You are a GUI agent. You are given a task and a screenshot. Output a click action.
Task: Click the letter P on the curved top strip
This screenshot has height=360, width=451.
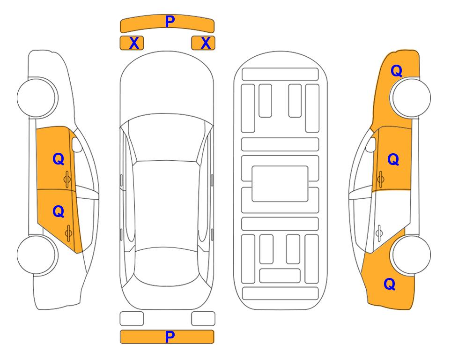coord(170,22)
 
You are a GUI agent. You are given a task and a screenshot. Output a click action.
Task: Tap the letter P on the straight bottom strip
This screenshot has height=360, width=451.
coord(170,337)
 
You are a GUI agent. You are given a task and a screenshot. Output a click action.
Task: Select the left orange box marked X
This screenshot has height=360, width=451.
coord(132,43)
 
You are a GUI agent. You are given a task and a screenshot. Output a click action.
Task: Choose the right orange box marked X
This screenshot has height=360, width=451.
coord(203,43)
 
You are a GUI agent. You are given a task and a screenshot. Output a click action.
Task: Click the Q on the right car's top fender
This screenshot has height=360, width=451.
coord(396,71)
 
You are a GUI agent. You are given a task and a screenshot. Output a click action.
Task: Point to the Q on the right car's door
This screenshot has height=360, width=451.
coord(393,159)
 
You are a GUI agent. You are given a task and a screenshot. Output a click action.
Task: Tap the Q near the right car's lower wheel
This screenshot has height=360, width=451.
coord(390,284)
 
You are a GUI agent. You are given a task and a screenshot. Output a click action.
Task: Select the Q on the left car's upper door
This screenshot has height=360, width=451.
coord(59,159)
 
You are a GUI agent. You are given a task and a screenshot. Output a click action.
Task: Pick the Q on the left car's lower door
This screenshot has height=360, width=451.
coord(59,212)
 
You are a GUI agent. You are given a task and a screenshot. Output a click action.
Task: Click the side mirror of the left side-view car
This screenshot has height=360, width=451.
coord(77,145)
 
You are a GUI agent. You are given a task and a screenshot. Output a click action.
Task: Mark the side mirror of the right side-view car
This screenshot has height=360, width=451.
coord(371,145)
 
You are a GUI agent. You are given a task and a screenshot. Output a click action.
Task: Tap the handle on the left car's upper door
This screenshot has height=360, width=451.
coord(67,179)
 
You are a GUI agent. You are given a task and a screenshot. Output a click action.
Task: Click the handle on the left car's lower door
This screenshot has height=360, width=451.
coord(68,233)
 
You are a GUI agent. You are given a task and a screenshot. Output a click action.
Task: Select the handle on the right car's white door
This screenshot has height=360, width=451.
coord(379,233)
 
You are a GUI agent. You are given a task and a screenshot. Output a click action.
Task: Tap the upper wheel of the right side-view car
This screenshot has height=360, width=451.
coord(412,97)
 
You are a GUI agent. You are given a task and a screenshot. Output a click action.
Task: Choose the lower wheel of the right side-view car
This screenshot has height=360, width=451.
coord(412,255)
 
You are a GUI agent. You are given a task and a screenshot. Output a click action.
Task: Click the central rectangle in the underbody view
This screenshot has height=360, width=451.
coord(280,184)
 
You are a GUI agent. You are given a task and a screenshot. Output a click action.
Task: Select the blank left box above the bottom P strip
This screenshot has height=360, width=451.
coord(132,319)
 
